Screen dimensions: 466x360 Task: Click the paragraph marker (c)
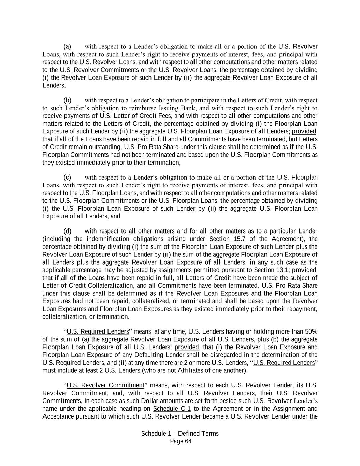point(67,178)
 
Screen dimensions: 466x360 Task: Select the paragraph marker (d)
point(67,231)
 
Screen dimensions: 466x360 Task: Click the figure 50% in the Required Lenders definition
point(311,332)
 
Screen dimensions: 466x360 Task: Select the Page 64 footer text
point(181,441)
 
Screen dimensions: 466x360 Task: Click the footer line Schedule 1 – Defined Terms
point(180,434)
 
